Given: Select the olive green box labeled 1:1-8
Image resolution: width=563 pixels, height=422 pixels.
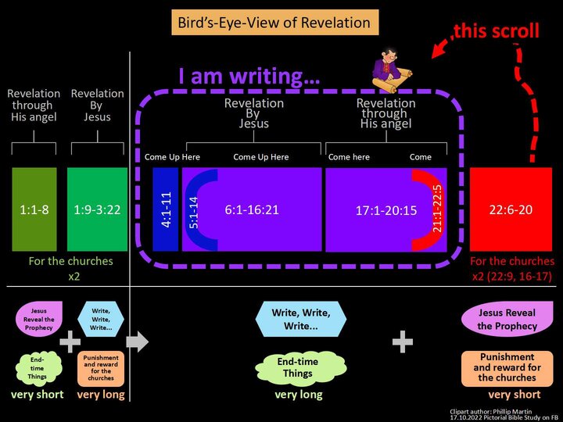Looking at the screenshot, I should (34, 209).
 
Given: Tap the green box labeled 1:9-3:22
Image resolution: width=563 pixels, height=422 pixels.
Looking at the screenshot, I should (97, 209).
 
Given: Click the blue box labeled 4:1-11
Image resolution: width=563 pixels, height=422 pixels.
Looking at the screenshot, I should (166, 209).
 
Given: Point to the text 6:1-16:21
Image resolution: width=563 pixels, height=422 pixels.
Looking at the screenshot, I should (252, 209).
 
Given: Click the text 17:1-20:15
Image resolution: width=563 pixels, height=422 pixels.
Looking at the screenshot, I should (385, 210).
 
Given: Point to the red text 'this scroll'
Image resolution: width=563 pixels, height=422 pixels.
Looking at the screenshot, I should (498, 30).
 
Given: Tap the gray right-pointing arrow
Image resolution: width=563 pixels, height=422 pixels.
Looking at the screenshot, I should (137, 341).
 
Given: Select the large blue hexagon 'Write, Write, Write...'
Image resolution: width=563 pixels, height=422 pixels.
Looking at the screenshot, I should (301, 320).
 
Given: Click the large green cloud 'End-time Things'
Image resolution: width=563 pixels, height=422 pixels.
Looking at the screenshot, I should (298, 367).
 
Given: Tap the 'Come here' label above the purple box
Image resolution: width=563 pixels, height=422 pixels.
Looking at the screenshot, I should (350, 157).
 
